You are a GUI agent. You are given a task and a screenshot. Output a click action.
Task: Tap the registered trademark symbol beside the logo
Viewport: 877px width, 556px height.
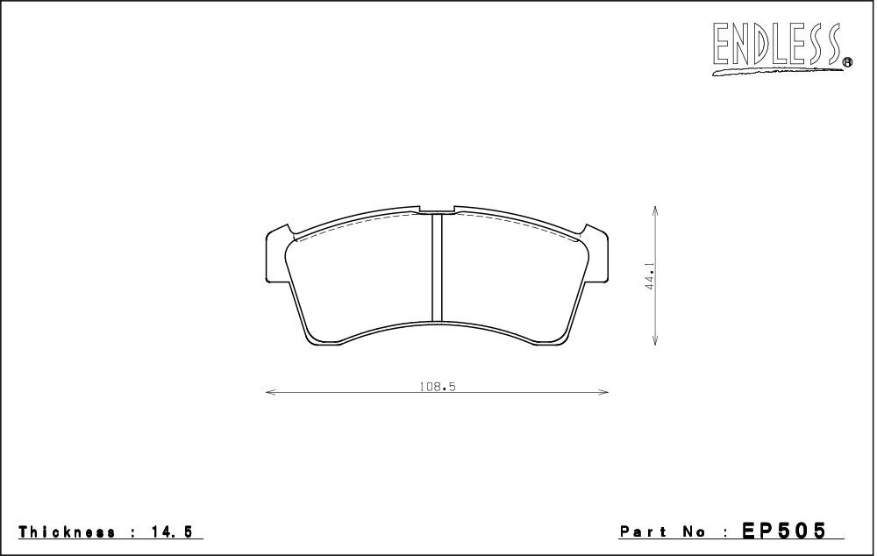tap(847, 62)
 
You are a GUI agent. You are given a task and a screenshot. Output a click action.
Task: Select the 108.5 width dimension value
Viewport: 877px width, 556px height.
tap(438, 387)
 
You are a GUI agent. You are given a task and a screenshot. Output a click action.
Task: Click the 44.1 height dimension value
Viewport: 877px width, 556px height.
tap(650, 275)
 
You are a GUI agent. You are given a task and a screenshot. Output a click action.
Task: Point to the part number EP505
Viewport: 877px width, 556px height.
tap(783, 531)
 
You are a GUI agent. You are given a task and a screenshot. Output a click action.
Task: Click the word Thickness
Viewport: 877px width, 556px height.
tap(68, 531)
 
